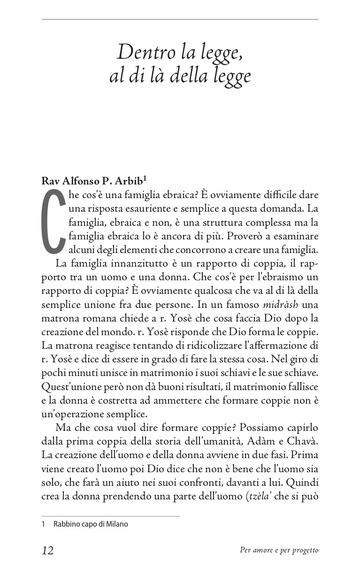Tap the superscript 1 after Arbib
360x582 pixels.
coord(146,177)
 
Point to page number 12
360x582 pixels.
coord(47,551)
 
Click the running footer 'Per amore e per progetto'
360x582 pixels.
coord(279,551)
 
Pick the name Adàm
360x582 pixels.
coord(260,441)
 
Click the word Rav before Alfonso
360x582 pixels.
coord(50,180)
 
